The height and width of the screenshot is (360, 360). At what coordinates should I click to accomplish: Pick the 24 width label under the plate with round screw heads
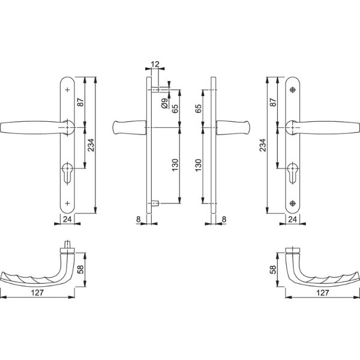pos(293,220)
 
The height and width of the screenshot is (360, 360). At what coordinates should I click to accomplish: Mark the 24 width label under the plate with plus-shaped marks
pos(67,220)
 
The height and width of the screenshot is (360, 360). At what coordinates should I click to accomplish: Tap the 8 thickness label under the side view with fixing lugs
pos(139,220)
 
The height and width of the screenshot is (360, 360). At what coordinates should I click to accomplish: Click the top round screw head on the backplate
pos(293,90)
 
